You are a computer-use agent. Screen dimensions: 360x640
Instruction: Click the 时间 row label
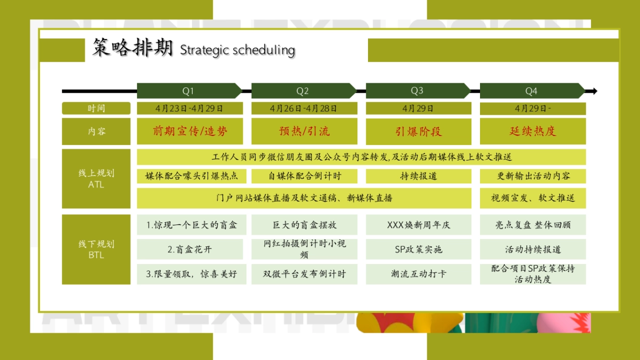point(96,108)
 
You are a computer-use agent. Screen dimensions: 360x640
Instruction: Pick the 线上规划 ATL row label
point(96,179)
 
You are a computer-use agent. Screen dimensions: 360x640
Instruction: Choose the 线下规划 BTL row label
point(96,249)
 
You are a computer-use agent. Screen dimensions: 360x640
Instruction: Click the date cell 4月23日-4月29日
point(190,108)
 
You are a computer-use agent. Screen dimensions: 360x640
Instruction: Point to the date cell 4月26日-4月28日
point(304,108)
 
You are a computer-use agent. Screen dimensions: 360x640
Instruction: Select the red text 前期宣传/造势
point(190,131)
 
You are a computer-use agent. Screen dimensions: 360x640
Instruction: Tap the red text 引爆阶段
point(418,131)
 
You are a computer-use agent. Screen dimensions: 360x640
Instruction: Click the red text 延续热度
point(532,131)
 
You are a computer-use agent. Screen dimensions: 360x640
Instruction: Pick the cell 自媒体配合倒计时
point(304,176)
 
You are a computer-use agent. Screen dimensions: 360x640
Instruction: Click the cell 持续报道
point(418,176)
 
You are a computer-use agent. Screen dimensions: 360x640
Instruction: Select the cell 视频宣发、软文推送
point(532,198)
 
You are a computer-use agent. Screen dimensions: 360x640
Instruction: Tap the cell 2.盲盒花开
point(190,249)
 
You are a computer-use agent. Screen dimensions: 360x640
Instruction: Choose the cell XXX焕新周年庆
point(418,225)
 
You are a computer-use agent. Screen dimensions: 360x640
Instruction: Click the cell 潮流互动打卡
point(418,274)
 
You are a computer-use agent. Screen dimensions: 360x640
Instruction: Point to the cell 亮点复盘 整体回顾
point(532,225)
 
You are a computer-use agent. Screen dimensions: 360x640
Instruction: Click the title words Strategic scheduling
point(237,50)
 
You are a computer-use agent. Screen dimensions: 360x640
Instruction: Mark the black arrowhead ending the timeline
point(594,91)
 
